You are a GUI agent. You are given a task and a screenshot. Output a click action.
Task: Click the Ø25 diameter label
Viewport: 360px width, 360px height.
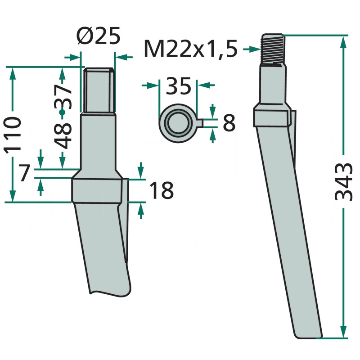click(x=99, y=36)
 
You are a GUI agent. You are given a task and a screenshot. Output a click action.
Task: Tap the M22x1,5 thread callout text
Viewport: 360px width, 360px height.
click(x=190, y=49)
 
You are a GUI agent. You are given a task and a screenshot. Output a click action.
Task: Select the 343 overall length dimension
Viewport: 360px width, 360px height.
click(x=343, y=182)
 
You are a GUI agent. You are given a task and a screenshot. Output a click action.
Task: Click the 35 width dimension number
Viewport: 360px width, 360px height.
click(x=178, y=86)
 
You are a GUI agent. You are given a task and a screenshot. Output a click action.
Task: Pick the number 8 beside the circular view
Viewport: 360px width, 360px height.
click(x=229, y=123)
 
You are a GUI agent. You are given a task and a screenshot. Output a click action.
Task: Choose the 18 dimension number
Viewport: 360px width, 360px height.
click(x=162, y=190)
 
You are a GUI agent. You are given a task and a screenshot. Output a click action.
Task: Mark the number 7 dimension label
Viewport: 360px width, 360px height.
click(x=24, y=173)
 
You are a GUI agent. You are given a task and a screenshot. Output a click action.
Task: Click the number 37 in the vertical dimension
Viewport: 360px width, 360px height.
click(x=63, y=97)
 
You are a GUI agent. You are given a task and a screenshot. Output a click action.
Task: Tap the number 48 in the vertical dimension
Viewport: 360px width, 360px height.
click(x=63, y=136)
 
